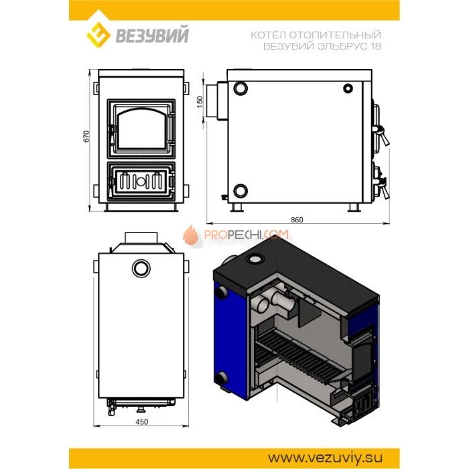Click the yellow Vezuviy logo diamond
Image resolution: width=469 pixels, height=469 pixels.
coord(98,34)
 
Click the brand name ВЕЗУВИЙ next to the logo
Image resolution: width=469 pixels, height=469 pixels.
coord(152,35)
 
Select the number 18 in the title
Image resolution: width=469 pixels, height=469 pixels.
coord(376,46)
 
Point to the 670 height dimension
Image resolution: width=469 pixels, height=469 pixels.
coord(86,137)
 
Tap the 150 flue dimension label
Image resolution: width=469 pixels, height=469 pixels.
coord(200,102)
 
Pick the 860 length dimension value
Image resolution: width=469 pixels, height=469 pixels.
coord(297,220)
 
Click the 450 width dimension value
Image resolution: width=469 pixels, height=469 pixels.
coord(141,421)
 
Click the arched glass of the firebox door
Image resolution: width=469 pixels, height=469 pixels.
coord(141,129)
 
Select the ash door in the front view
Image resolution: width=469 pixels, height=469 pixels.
coord(141,181)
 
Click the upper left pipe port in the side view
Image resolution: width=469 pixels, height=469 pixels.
coord(241,88)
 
